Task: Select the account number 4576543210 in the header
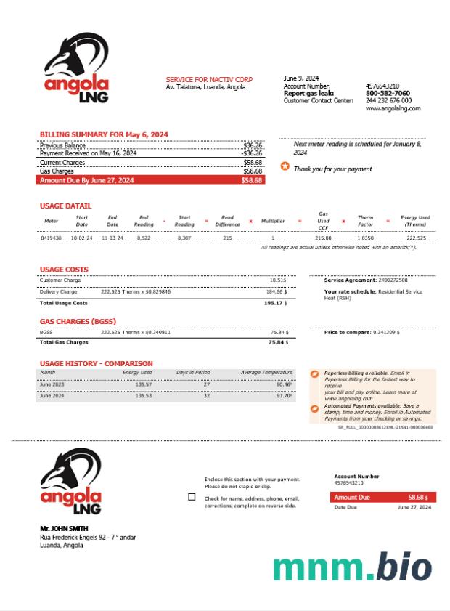(382, 86)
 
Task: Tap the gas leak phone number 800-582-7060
(388, 93)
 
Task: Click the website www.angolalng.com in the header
(393, 108)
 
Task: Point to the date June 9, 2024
(300, 78)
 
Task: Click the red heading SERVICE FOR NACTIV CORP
(209, 79)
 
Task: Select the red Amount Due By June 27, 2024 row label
(86, 179)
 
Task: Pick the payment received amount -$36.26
(252, 153)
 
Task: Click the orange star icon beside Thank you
(285, 166)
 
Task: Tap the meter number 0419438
(51, 238)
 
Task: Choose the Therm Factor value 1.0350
(365, 238)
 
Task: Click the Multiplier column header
(273, 221)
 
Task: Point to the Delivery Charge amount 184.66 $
(277, 291)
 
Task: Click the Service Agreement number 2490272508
(393, 280)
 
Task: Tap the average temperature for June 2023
(284, 384)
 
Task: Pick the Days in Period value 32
(206, 396)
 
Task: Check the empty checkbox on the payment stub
(192, 497)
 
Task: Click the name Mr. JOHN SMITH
(64, 528)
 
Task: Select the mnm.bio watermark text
(353, 567)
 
